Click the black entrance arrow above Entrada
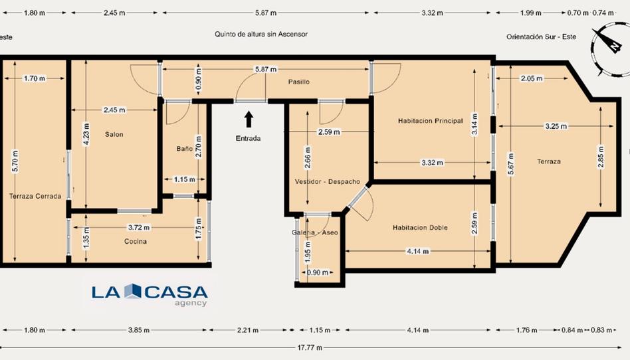coord(249,120)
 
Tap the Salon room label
coord(114,134)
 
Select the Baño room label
coord(185,149)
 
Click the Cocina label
coord(136,241)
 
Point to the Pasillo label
coord(299,82)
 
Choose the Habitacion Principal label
coord(431,120)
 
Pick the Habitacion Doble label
coord(420,227)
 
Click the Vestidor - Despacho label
coord(328,181)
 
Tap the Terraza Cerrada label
coord(35,196)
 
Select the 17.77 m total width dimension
coord(310,347)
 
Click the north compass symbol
coord(609,49)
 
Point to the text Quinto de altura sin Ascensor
coord(261,34)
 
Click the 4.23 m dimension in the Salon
coord(87,134)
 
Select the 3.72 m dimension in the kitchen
coord(139,227)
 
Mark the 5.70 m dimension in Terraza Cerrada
coord(15,161)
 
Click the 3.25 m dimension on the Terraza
coord(556,126)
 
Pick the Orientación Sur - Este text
coord(541,37)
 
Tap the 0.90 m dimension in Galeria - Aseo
coord(318,272)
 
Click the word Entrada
coord(249,138)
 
